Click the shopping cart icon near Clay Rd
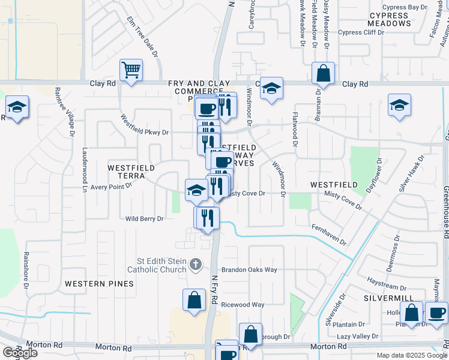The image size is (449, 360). point(131,71)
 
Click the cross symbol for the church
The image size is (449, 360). point(194,263)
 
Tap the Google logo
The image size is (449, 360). point(20,353)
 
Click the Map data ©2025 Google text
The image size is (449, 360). point(412,355)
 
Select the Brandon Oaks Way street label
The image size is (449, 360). point(249,270)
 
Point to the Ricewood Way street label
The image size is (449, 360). point(243,305)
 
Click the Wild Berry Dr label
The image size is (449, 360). point(144,219)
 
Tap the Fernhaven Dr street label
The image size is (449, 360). point(329,235)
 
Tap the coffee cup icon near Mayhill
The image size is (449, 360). point(436,313)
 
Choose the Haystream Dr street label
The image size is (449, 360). point(387,280)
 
